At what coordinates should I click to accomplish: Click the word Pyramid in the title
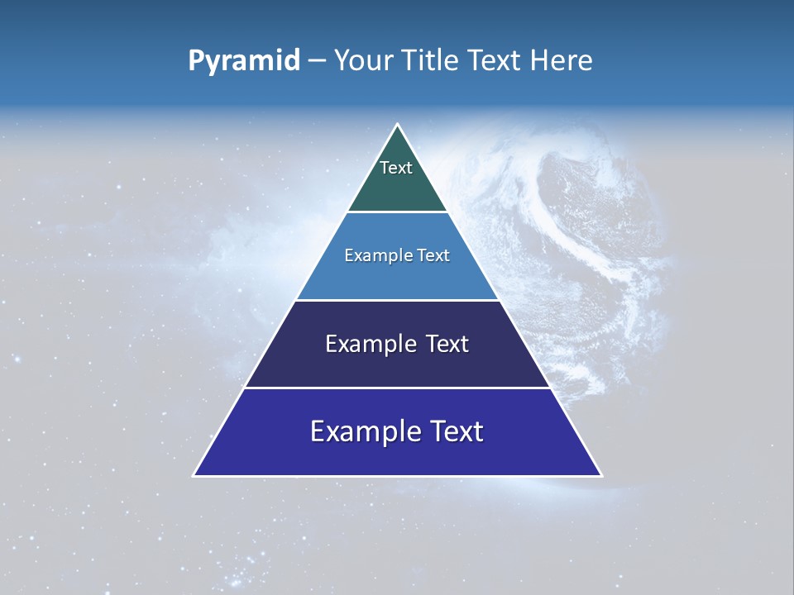coord(244,61)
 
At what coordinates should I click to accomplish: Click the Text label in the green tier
coord(396,168)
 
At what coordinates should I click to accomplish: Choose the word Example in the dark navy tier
coord(367,345)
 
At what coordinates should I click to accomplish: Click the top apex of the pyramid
coord(398,125)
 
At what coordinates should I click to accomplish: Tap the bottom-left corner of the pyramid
coord(194,475)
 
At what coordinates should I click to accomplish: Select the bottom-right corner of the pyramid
coord(601,475)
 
